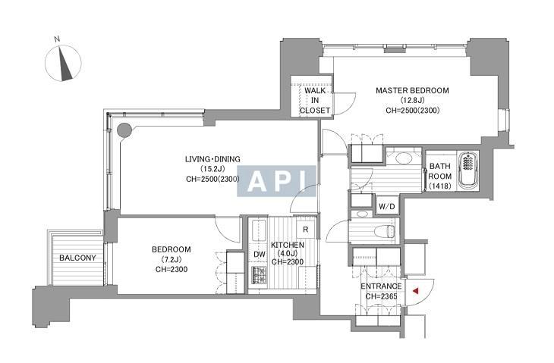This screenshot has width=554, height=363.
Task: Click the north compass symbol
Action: coord(63,64)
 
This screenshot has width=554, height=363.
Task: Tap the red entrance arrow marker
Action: coord(416,291)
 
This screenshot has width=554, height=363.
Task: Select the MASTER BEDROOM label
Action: coord(412,91)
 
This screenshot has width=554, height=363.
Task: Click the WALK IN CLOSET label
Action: coord(315,101)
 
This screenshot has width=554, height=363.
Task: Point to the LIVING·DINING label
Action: coord(212,159)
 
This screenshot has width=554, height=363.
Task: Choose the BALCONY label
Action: coord(77,258)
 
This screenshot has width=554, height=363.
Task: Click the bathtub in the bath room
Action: coord(468,171)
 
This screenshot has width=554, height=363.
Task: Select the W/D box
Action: coord(387,207)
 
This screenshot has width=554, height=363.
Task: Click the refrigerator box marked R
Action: coord(306,230)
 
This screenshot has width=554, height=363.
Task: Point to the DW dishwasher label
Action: coord(260,255)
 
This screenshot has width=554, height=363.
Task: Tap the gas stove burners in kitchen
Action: coord(260,276)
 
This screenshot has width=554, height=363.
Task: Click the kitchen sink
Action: coord(259,230)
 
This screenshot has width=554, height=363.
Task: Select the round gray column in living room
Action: coord(124,130)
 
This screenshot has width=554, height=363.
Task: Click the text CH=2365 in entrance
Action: coord(381,296)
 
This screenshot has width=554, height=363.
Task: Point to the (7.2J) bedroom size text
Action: coord(172,260)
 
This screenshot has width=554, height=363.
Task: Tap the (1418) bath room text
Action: coord(439,186)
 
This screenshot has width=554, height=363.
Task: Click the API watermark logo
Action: coord(276,181)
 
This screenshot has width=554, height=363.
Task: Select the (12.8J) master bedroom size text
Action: coord(412,101)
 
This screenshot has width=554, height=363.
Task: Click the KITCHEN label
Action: coord(288,245)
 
